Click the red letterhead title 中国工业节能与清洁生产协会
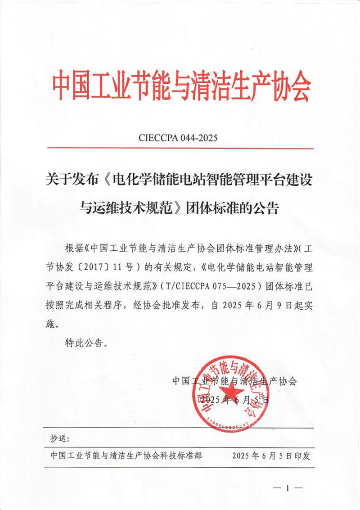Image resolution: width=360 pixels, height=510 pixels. pyautogui.click(x=181, y=85)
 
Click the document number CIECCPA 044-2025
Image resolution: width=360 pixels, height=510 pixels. pyautogui.click(x=180, y=138)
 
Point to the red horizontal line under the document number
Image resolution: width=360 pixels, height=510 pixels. pyautogui.click(x=180, y=148)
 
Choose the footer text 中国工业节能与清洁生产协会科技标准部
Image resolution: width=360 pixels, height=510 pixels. pyautogui.click(x=126, y=456)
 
